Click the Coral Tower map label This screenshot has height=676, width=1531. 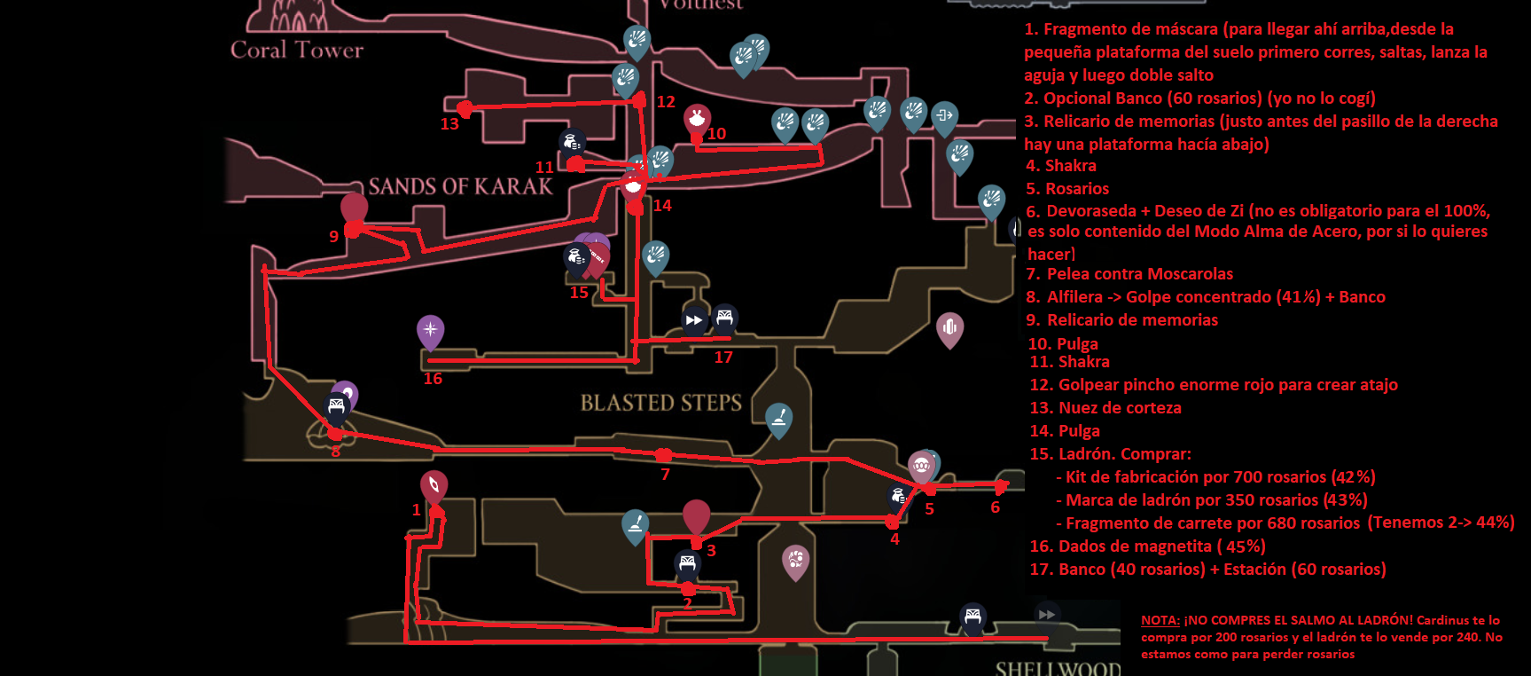click(297, 50)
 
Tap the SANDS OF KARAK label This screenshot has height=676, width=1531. click(460, 186)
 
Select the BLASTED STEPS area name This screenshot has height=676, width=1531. click(660, 403)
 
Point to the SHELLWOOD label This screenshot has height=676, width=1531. click(1057, 668)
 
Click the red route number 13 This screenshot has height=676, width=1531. click(449, 124)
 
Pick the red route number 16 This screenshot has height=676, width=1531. click(433, 379)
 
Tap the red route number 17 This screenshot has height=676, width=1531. click(723, 358)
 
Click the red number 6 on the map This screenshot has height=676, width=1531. click(995, 507)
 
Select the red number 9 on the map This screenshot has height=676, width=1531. click(333, 237)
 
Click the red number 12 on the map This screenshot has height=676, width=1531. click(666, 102)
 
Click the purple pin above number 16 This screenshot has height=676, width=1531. click(430, 331)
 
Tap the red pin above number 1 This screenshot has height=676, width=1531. click(434, 486)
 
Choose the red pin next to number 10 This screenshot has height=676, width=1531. click(697, 119)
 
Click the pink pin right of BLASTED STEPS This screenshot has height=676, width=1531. click(949, 327)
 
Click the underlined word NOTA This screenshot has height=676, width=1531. click(1160, 620)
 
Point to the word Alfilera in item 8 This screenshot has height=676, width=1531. click(1074, 297)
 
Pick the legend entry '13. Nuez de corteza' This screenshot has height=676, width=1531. click(1105, 408)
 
